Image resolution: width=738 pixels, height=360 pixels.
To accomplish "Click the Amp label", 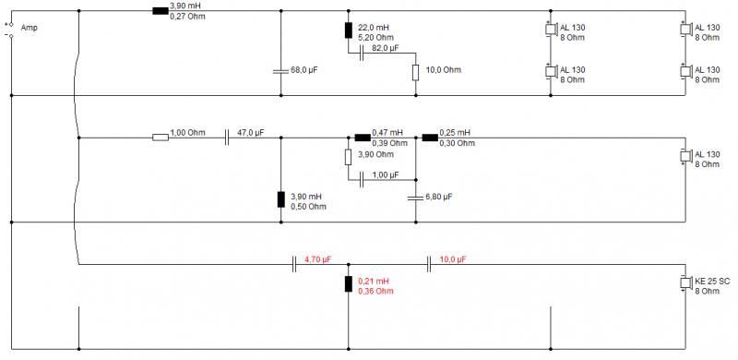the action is click(30, 28).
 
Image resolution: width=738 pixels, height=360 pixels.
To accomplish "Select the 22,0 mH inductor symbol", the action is click(349, 30).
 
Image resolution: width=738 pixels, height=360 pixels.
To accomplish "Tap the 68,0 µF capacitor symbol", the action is click(281, 71).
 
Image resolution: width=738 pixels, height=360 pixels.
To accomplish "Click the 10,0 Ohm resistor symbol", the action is click(416, 73).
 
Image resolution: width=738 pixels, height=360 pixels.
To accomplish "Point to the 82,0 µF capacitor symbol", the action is click(362, 54).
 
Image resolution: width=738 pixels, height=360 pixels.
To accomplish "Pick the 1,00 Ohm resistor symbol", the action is click(161, 138).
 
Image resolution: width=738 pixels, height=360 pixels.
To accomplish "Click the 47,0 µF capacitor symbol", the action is click(227, 138).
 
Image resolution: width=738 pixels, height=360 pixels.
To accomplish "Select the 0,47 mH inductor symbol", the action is click(363, 138).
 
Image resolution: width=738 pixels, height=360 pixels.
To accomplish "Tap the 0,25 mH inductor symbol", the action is click(430, 138).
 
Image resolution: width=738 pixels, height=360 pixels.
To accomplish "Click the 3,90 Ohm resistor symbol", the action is click(349, 157).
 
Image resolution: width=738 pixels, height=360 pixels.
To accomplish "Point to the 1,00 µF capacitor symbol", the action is click(362, 179).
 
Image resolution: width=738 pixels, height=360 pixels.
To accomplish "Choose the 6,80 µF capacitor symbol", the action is click(416, 198).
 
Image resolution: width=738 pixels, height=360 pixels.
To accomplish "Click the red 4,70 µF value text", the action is click(318, 259).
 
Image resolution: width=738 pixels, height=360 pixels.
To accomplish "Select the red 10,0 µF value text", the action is click(453, 259).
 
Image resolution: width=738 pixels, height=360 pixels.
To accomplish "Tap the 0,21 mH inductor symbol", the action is click(349, 284).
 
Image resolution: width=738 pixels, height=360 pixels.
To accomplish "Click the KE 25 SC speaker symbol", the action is click(686, 282).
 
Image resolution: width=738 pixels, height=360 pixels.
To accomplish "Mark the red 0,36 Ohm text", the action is click(376, 291).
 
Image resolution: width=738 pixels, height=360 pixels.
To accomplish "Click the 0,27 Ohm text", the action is click(188, 17).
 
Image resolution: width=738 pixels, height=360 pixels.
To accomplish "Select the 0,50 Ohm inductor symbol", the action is click(281, 199).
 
